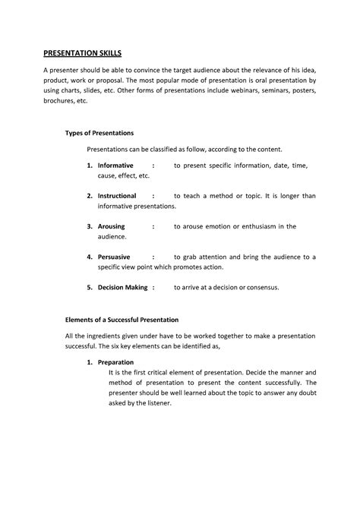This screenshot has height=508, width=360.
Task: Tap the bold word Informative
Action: (115, 165)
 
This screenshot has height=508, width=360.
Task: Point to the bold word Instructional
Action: (117, 195)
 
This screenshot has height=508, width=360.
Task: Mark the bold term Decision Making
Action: (121, 288)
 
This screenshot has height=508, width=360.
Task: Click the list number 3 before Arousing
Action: (90, 226)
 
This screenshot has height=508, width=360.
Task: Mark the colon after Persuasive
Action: (153, 257)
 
